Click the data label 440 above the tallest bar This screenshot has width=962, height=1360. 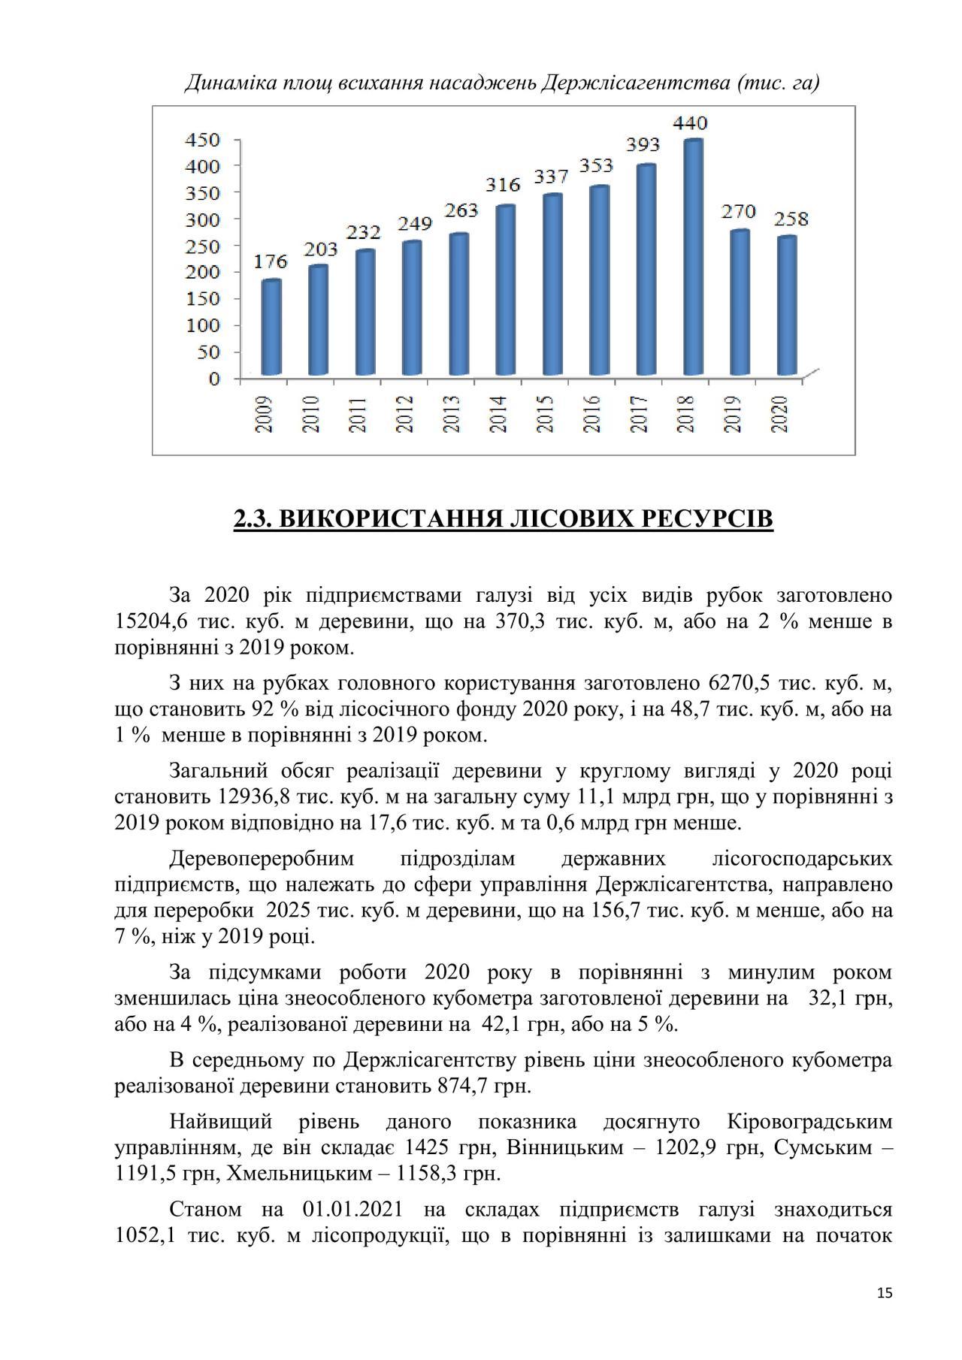tap(689, 122)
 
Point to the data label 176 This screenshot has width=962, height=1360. tap(271, 261)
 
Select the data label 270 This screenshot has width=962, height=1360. tap(739, 211)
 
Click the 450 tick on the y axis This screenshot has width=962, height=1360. tap(204, 140)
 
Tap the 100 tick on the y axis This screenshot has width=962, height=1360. tap(204, 325)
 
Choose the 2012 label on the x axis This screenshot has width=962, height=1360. tap(405, 414)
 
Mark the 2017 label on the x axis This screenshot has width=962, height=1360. tap(639, 414)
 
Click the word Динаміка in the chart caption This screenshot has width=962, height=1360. tap(224, 82)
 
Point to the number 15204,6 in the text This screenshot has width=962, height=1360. tap(150, 622)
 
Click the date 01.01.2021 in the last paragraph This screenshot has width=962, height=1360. tap(352, 1210)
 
